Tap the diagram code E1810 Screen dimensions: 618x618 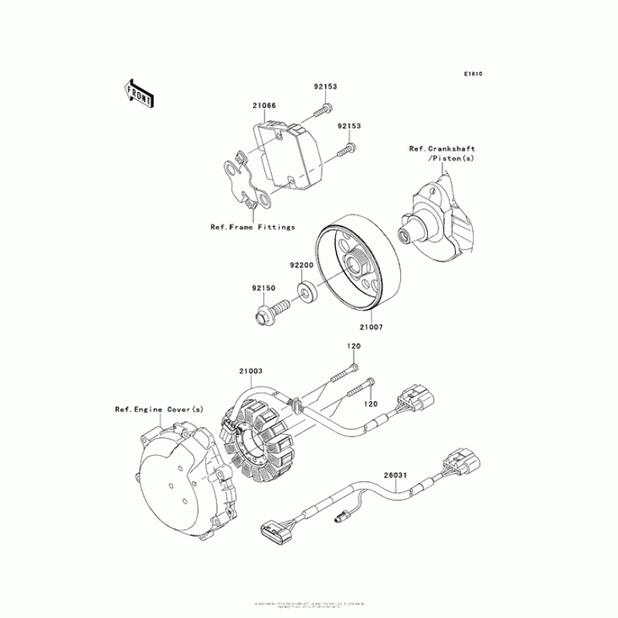[x=473, y=75]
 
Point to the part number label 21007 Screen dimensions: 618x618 [x=370, y=327]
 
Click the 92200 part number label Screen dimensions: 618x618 [x=301, y=264]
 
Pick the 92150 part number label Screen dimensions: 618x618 [x=263, y=289]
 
